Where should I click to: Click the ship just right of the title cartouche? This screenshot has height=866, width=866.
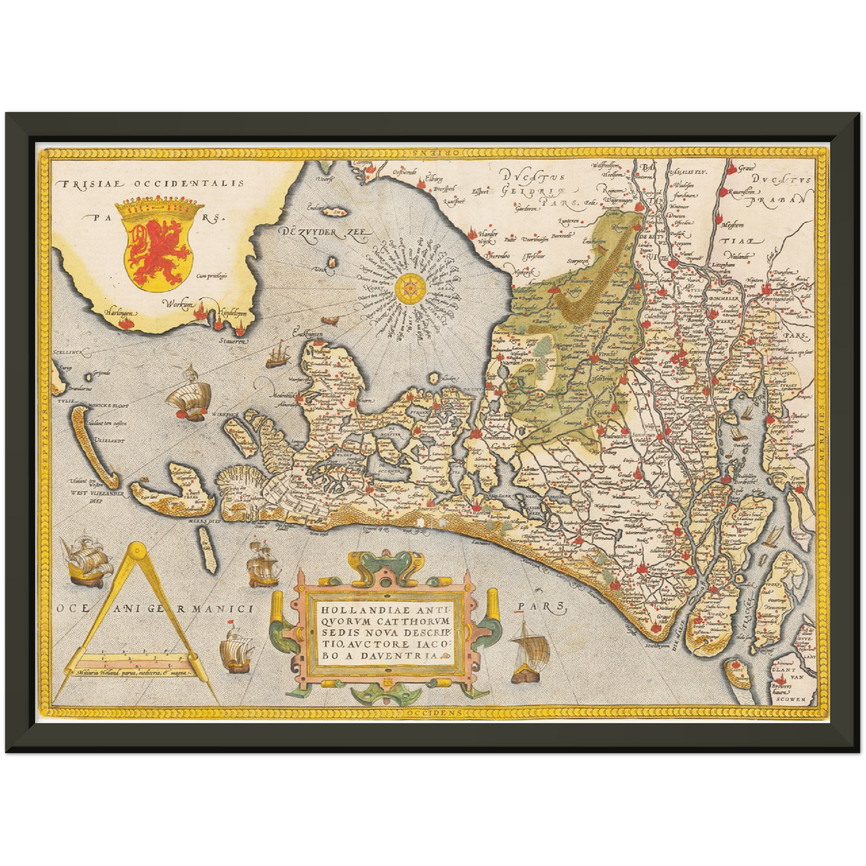coord(530,653)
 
